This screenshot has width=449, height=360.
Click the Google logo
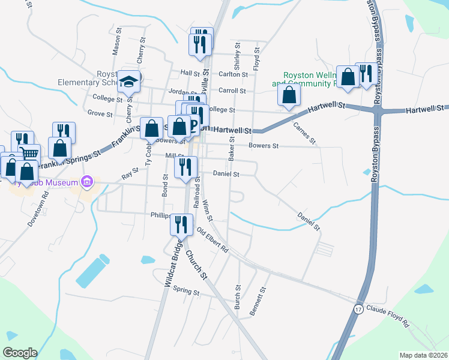coord(20,353)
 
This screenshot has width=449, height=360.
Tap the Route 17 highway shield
coord(358,310)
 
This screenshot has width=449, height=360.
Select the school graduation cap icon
coord(128,81)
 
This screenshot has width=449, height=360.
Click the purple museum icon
coord(87,181)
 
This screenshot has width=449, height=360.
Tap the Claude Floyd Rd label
coord(388,316)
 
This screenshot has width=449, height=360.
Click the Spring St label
coord(185,292)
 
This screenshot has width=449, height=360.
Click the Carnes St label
coord(304,133)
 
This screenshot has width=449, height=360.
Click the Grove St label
coord(100,113)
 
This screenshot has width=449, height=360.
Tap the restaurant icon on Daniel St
coord(185,166)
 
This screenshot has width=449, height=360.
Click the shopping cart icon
coord(30,154)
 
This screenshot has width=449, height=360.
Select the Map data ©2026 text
coord(423,355)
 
